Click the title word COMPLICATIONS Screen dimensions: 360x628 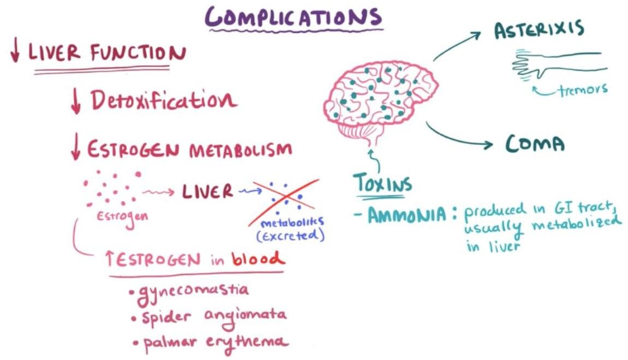pyautogui.click(x=293, y=17)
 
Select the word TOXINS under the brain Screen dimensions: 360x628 pyautogui.click(x=382, y=183)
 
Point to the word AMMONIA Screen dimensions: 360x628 pyautogui.click(x=406, y=215)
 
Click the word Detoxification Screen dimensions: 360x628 pyautogui.click(x=163, y=101)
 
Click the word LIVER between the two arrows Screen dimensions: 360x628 pyautogui.click(x=207, y=191)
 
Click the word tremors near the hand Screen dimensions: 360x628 pyautogui.click(x=583, y=89)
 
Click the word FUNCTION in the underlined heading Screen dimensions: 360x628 pyautogui.click(x=137, y=53)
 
